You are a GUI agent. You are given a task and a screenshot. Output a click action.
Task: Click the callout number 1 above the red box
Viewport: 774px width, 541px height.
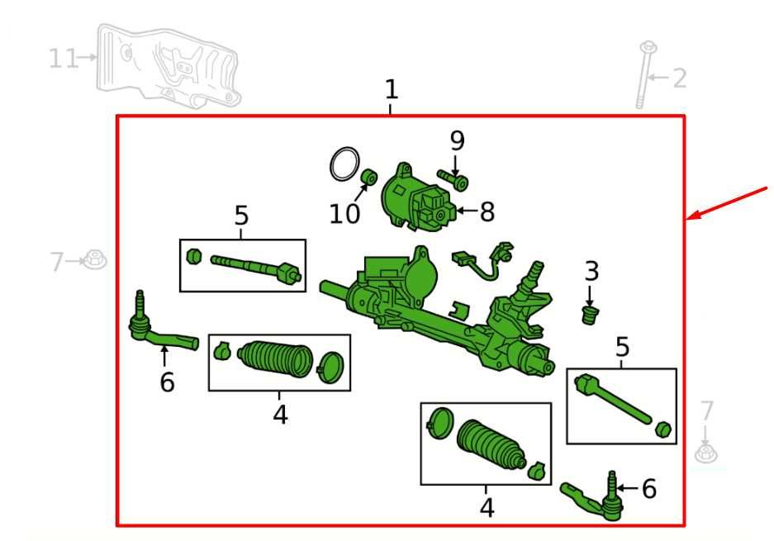tap(392, 89)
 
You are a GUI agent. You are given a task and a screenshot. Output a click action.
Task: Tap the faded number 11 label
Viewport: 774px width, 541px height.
tap(64, 59)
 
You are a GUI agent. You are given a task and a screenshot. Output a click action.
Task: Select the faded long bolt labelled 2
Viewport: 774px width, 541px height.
tap(644, 75)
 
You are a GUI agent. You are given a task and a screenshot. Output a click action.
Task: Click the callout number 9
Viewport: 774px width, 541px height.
tap(457, 140)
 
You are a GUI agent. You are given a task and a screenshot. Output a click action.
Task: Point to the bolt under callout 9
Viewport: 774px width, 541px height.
tap(453, 180)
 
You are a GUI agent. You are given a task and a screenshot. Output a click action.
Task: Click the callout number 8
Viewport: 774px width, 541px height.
tap(487, 211)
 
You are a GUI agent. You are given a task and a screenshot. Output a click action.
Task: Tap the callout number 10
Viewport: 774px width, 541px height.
tap(344, 214)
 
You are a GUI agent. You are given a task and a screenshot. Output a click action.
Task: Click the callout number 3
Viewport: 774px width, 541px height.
tap(591, 272)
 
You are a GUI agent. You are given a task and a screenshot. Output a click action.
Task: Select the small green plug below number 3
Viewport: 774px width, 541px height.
tap(590, 315)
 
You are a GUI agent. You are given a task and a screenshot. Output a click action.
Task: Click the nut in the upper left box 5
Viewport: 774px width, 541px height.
tap(194, 257)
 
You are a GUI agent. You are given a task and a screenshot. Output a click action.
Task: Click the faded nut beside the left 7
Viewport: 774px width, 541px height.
tap(94, 259)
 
